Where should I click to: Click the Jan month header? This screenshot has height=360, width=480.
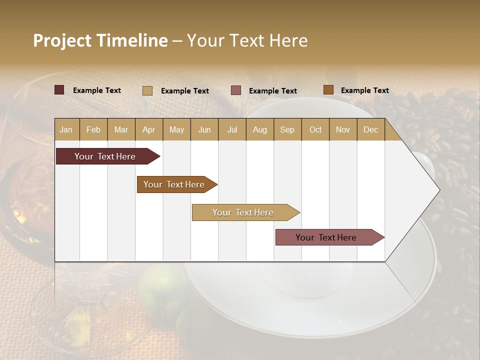[x=66, y=129]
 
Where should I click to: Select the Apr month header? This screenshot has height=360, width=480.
[x=149, y=129]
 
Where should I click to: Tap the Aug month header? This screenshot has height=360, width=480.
[x=260, y=129]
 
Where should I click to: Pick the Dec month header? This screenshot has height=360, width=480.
[x=370, y=129]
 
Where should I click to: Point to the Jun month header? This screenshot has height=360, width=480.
[x=204, y=129]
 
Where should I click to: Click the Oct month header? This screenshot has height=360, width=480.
[x=315, y=129]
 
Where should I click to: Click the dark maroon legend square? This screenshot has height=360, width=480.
[x=59, y=90]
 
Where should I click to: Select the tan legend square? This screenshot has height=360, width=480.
[x=147, y=90]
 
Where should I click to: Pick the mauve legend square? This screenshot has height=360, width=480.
[x=236, y=90]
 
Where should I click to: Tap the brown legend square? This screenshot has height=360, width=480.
[x=328, y=90]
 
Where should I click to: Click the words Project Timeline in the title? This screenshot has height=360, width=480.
[x=100, y=40]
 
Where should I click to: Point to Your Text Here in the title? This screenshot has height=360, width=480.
[x=247, y=40]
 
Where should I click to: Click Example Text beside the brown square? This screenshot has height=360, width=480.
[x=364, y=90]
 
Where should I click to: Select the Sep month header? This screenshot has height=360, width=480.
[x=287, y=129]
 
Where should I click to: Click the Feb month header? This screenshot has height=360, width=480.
[x=93, y=129]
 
